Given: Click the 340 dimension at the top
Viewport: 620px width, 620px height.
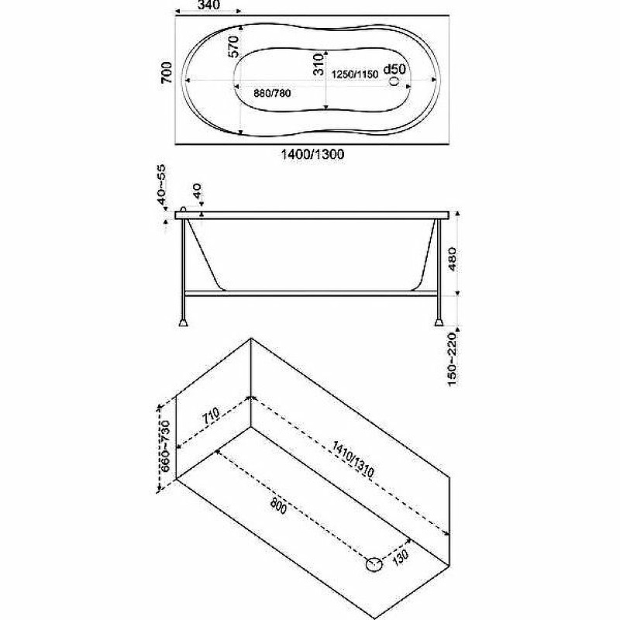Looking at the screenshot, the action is (208, 5).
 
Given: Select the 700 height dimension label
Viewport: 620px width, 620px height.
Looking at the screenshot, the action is (167, 72).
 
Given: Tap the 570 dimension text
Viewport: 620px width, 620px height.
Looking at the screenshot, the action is (234, 46).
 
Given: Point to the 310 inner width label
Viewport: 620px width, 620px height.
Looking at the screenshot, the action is (319, 65).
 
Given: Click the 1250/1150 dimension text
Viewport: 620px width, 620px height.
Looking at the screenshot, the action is (355, 74).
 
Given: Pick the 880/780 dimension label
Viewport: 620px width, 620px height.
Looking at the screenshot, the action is (272, 93).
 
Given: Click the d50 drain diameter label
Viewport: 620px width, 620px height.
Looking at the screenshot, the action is (394, 69).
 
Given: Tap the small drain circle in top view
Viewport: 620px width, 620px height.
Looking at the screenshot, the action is (394, 81).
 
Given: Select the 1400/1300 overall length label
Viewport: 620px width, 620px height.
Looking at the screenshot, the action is (312, 153).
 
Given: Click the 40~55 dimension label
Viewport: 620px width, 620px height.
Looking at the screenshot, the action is (162, 185).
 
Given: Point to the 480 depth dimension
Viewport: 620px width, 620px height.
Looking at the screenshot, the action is (453, 260).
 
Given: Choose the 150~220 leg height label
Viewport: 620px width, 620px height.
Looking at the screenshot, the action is (452, 359).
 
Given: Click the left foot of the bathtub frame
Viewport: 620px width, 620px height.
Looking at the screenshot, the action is (183, 322).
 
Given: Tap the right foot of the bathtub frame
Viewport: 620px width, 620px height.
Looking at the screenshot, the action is (439, 322).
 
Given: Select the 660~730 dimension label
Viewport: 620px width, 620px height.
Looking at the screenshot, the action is (164, 446).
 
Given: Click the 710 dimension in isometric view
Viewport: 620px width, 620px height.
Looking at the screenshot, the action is (211, 416).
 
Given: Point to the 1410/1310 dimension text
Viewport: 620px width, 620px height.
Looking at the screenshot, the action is (353, 460).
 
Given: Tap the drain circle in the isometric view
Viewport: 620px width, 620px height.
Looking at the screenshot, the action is (374, 565).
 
